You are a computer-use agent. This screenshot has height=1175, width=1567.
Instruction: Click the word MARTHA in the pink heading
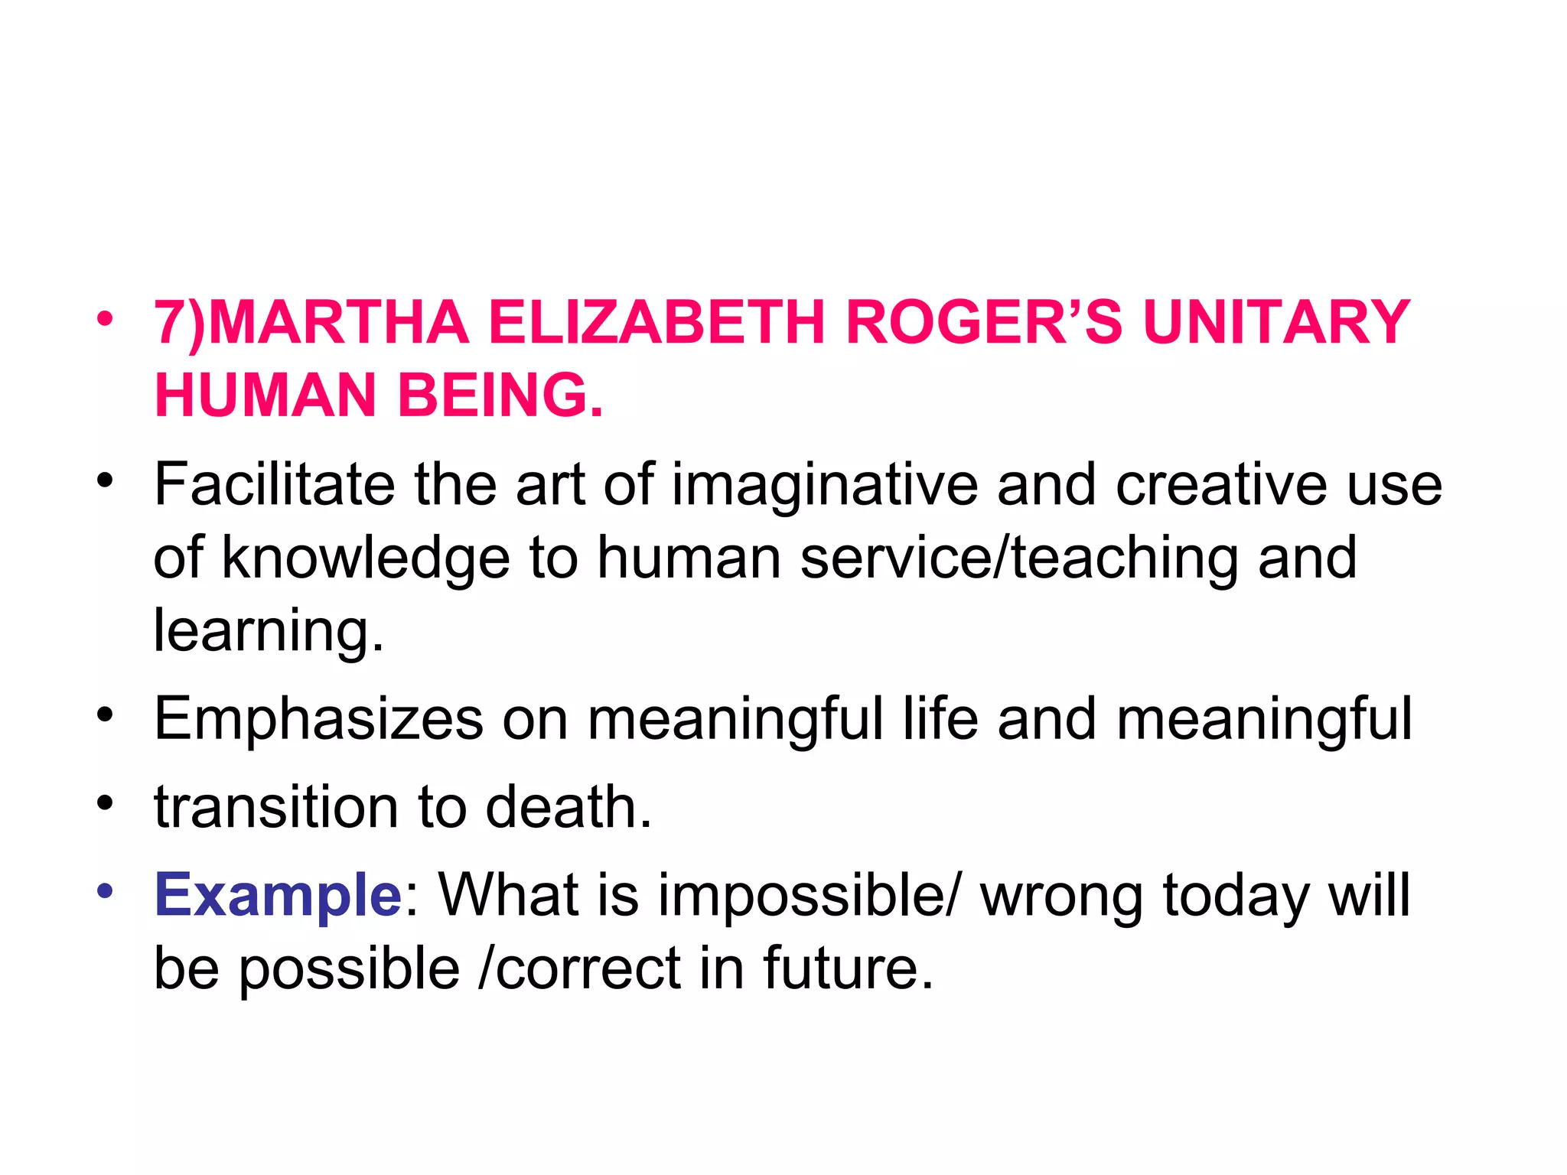[337, 323]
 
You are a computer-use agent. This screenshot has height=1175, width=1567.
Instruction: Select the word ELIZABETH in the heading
[656, 323]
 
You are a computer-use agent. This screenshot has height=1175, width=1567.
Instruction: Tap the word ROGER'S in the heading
[984, 323]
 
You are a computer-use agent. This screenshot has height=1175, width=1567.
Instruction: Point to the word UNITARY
[1276, 323]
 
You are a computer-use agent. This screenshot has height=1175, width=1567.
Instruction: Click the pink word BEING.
[500, 395]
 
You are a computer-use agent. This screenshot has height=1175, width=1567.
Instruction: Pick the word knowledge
[366, 558]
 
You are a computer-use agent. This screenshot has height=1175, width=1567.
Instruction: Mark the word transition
[276, 807]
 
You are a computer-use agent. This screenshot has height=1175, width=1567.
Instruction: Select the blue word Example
[278, 896]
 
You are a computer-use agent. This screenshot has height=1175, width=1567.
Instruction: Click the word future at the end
[848, 968]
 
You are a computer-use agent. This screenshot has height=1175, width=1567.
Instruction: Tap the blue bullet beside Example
[105, 890]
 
